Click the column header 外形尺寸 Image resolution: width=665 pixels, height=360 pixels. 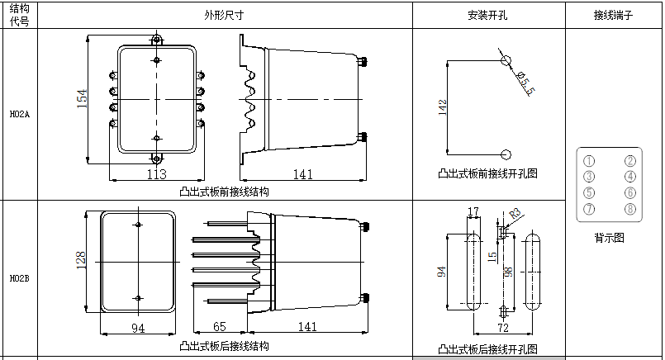pyautogui.click(x=224, y=16)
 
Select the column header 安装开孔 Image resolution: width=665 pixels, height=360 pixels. pyautogui.click(x=487, y=16)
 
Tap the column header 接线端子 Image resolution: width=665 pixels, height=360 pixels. pyautogui.click(x=613, y=16)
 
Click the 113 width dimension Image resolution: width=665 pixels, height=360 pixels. pyautogui.click(x=156, y=174)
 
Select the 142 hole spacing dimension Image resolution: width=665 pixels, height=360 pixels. pyautogui.click(x=443, y=107)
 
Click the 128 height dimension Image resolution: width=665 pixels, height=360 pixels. pyautogui.click(x=81, y=260)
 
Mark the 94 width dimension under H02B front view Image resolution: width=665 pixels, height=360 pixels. pyautogui.click(x=138, y=328)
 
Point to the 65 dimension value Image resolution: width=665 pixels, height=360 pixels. pyautogui.click(x=220, y=327)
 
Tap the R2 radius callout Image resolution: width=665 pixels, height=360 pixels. pyautogui.click(x=515, y=213)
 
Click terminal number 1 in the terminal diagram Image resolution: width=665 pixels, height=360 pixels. pyautogui.click(x=589, y=161)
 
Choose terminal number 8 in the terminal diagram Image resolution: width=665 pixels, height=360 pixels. pyautogui.click(x=630, y=209)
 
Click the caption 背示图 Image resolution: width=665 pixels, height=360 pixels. pyautogui.click(x=610, y=237)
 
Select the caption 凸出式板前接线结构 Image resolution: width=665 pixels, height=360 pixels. pyautogui.click(x=224, y=191)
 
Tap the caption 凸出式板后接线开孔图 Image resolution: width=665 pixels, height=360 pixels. pyautogui.click(x=487, y=348)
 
